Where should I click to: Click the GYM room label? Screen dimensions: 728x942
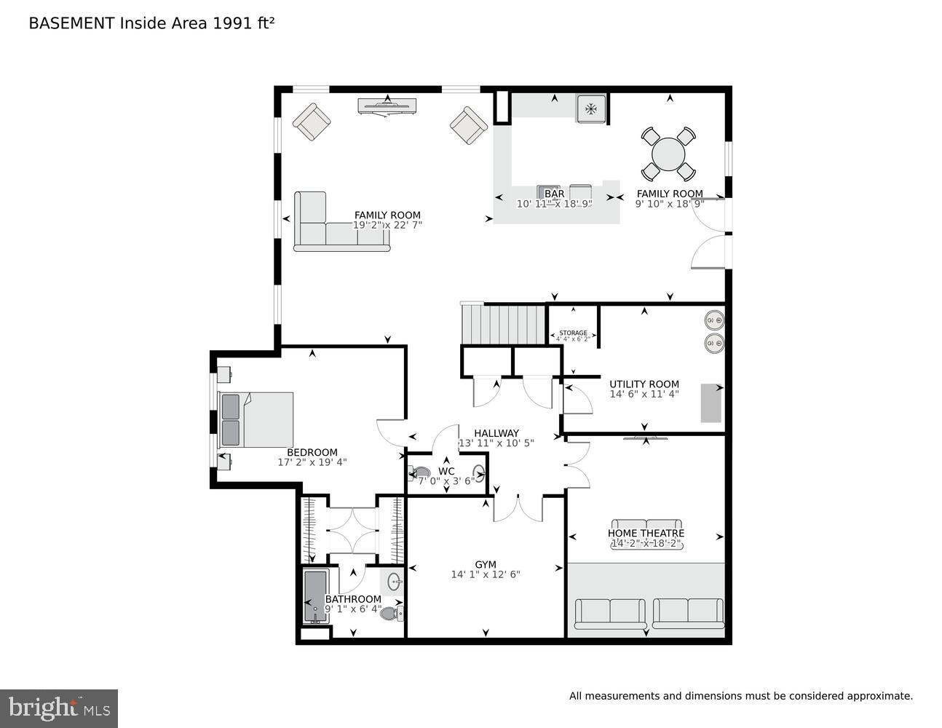click(486, 564)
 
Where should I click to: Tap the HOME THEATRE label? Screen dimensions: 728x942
click(646, 533)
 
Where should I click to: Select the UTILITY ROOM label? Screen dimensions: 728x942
click(644, 384)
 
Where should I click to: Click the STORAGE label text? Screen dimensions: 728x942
click(573, 333)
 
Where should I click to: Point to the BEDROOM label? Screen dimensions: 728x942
click(312, 452)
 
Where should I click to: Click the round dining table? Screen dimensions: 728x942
click(668, 154)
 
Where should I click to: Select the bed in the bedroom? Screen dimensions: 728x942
click(256, 419)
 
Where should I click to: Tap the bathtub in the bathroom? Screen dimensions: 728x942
click(315, 596)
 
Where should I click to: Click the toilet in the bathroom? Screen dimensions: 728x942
click(392, 613)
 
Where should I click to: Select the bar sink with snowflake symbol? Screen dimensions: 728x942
click(590, 109)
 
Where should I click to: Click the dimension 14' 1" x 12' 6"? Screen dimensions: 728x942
click(486, 574)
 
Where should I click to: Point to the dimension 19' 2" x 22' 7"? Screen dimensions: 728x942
click(387, 225)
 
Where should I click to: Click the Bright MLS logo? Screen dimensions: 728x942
click(58, 708)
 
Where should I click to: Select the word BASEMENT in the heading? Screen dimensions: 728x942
click(71, 23)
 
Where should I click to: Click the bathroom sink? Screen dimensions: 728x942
click(395, 582)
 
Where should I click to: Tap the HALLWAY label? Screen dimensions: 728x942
click(496, 433)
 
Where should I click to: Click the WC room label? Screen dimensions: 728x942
click(446, 471)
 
